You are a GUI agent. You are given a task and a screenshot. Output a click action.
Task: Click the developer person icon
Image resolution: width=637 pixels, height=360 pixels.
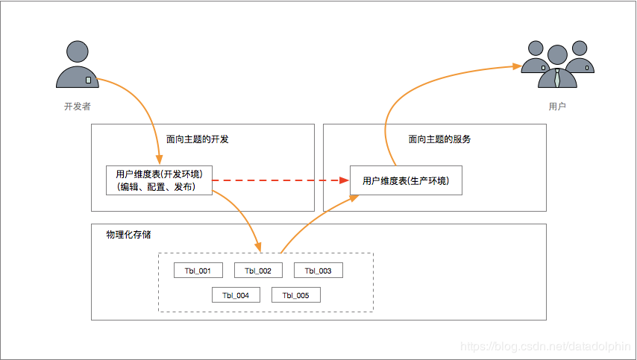(78, 66)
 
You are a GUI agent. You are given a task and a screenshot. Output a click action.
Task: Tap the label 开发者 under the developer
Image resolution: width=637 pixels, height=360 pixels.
(78, 107)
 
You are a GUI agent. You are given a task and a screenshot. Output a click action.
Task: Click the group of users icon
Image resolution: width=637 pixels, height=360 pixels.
(557, 66)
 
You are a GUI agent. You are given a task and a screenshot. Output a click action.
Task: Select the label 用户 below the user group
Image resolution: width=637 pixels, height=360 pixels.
(557, 107)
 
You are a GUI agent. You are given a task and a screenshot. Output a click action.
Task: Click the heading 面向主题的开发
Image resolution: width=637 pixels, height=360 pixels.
(197, 139)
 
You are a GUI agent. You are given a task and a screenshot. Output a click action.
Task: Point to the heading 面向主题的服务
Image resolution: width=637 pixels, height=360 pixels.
(439, 139)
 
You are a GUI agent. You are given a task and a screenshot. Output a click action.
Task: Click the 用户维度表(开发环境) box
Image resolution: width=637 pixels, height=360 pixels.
(159, 180)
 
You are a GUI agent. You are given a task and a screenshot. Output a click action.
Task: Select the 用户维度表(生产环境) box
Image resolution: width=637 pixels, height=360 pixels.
(406, 180)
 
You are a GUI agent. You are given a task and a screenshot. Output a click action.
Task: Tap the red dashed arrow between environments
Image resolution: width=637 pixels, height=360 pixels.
(280, 180)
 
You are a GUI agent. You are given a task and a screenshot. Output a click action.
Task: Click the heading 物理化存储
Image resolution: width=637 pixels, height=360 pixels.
(129, 235)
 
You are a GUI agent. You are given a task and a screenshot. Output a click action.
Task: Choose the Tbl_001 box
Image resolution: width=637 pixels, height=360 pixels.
(198, 271)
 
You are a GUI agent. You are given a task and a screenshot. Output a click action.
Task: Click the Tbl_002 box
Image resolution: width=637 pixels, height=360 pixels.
(258, 271)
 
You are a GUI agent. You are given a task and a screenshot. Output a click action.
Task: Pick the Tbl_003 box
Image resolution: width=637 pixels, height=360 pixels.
(318, 271)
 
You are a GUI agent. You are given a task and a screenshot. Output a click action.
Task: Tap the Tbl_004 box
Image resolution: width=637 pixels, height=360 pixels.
(236, 295)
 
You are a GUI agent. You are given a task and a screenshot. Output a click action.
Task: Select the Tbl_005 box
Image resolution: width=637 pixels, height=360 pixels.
(295, 295)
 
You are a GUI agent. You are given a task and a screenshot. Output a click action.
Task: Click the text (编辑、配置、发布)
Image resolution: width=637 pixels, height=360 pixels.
(156, 188)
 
